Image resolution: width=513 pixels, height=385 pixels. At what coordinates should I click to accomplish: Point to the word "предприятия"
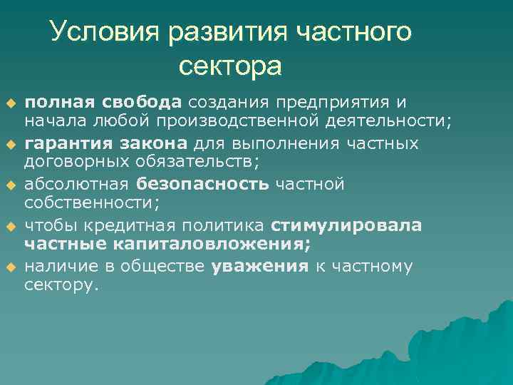tap(328, 103)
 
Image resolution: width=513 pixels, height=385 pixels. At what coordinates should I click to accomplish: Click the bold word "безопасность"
tap(203, 185)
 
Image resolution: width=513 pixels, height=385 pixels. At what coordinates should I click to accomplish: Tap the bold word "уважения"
tap(260, 267)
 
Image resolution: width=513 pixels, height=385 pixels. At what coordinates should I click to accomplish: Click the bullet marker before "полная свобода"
tap(11, 103)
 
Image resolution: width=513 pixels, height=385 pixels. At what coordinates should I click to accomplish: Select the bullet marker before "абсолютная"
tap(11, 185)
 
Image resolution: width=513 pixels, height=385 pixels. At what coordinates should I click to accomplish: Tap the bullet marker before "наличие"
tap(11, 268)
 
